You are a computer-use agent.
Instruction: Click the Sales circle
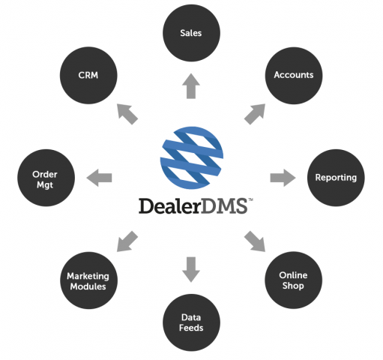click(191, 33)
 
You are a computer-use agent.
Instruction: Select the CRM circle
click(88, 75)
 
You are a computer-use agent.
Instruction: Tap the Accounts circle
click(294, 75)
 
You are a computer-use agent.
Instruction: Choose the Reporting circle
click(336, 178)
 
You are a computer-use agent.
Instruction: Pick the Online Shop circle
click(294, 280)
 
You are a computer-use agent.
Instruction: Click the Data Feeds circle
click(191, 322)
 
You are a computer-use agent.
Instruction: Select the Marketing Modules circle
click(88, 280)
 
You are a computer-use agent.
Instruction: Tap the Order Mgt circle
click(46, 178)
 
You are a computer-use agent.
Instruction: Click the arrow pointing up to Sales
click(191, 86)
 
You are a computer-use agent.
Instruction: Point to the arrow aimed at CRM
click(127, 114)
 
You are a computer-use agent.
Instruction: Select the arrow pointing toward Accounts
click(255, 114)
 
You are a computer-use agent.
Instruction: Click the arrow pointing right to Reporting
click(283, 178)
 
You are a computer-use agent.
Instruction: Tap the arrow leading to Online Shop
click(255, 241)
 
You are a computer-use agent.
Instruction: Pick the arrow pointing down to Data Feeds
click(191, 269)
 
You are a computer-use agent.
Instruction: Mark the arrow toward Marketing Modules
click(127, 241)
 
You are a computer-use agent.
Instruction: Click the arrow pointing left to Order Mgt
click(99, 178)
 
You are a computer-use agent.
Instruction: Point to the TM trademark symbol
click(250, 199)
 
